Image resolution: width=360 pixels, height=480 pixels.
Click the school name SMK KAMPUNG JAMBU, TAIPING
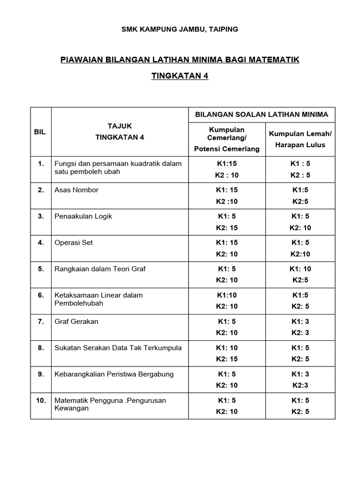tap(180, 29)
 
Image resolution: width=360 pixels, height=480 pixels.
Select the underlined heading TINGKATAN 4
tap(180, 76)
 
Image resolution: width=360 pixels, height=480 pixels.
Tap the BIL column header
tap(40, 132)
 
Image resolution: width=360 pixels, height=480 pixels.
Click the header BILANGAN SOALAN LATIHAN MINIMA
tap(262, 114)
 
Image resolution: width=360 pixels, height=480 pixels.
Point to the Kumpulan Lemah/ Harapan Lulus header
tap(300, 139)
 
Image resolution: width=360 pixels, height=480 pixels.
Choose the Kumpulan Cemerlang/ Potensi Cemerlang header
tap(227, 139)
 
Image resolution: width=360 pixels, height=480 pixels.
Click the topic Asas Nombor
tap(76, 190)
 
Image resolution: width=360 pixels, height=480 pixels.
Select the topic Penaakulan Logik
tap(83, 216)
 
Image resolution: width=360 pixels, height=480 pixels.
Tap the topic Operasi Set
tap(74, 242)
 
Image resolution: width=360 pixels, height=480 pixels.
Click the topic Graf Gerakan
tap(76, 321)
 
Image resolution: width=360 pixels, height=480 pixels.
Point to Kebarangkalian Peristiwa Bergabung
tap(114, 374)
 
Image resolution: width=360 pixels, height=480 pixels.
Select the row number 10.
tap(40, 400)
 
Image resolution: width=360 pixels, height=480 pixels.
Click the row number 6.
tap(41, 295)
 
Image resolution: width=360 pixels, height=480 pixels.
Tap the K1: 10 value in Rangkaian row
tap(300, 269)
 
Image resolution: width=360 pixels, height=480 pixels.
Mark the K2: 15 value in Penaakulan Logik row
tap(227, 227)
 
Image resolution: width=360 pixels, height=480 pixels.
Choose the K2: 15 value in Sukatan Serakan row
tap(227, 359)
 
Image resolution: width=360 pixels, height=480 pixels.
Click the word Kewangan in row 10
tap(72, 408)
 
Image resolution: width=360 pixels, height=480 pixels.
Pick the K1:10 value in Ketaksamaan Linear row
tap(227, 295)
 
